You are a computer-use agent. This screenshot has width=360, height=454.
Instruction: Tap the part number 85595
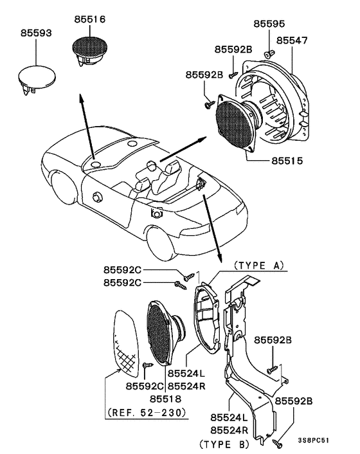269,24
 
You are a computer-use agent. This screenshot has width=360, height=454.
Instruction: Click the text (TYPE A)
259,264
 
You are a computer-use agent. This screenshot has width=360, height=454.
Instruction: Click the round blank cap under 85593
35,77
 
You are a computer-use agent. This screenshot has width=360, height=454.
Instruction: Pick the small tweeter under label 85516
91,51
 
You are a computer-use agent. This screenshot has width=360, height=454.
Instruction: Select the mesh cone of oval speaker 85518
160,332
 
